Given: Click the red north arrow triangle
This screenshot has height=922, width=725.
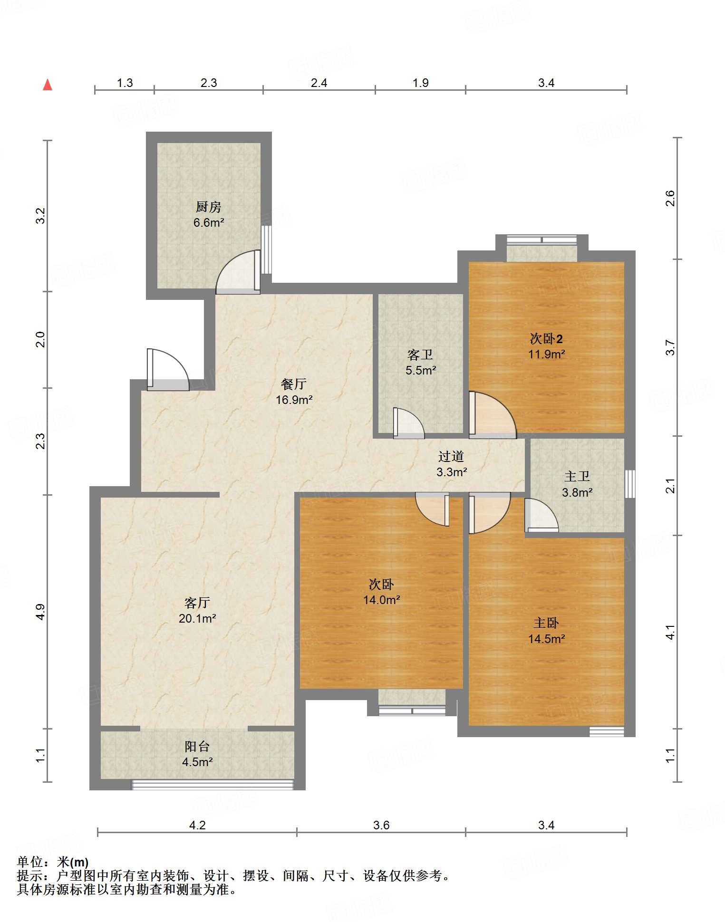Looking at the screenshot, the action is tap(48, 85).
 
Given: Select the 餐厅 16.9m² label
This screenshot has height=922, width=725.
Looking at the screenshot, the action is tap(294, 392).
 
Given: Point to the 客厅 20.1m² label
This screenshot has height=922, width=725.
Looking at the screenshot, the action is tap(197, 610).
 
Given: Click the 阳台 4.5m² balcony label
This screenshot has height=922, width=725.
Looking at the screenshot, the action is tap(197, 754).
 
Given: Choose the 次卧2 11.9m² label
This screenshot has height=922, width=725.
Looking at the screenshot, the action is tap(546, 346).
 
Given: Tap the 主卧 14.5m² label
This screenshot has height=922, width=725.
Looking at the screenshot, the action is tap(546, 631).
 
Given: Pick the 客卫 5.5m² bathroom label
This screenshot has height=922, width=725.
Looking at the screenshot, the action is tap(421, 362).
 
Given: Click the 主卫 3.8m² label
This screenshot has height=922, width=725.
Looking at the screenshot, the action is tap(577, 484).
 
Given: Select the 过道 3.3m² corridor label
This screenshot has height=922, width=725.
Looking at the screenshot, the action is tap(451, 464).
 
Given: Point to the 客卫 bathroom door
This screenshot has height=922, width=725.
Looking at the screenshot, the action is tap(409, 423).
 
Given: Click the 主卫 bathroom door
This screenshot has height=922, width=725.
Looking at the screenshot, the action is tap(541, 515).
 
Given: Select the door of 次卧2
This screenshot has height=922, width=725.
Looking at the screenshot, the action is tap(493, 415).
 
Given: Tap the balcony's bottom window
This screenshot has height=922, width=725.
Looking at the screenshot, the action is tap(213, 785).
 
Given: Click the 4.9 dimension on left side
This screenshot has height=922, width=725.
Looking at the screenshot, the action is tap(41, 612).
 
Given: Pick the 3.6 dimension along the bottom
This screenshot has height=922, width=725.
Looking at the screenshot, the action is tap(381, 825).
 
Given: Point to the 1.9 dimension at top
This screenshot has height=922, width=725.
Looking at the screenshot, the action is tap(421, 83).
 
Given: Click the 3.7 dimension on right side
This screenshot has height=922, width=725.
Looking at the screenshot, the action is tap(670, 347).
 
